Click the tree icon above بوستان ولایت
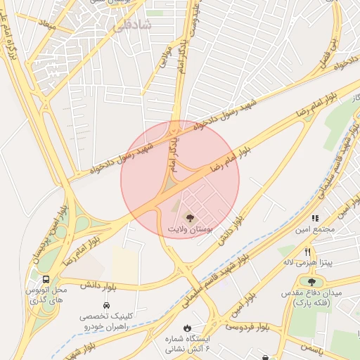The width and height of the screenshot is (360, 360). click(188, 217)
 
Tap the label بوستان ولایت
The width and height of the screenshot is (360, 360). click(188, 229)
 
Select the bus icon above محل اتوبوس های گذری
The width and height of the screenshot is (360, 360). click(46, 278)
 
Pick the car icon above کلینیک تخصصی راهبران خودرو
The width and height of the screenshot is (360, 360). click(105, 306)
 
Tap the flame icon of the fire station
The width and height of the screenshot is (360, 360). click(188, 328)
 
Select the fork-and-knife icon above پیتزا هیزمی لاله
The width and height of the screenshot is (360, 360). click(307, 251)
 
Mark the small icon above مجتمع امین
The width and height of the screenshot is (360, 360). click(316, 218)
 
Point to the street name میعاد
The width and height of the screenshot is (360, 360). click(48, 24)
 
